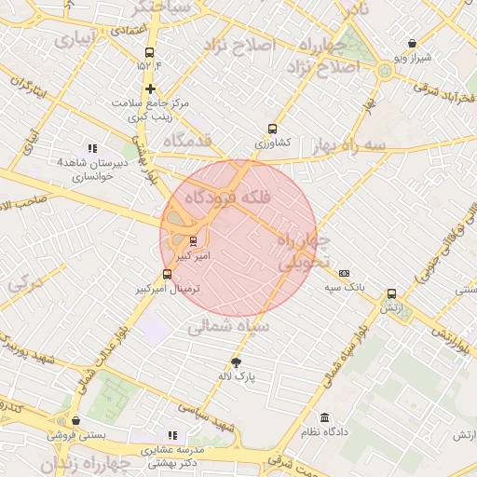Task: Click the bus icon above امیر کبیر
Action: coord(194,240)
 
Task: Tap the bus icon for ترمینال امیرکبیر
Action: coord(167,274)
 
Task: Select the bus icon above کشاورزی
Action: coord(272,129)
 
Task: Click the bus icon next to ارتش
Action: coord(390,293)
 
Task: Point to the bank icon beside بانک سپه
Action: coord(345,273)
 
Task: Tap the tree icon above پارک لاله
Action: coord(236,362)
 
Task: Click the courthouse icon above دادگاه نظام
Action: coord(324,418)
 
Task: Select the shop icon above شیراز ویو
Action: coord(413,43)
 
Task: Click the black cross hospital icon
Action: coord(150,89)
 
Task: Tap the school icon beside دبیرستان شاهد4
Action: coord(91,148)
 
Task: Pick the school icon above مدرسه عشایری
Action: coord(171,434)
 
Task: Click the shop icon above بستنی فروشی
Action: coord(75,420)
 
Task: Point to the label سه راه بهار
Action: coord(375,145)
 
